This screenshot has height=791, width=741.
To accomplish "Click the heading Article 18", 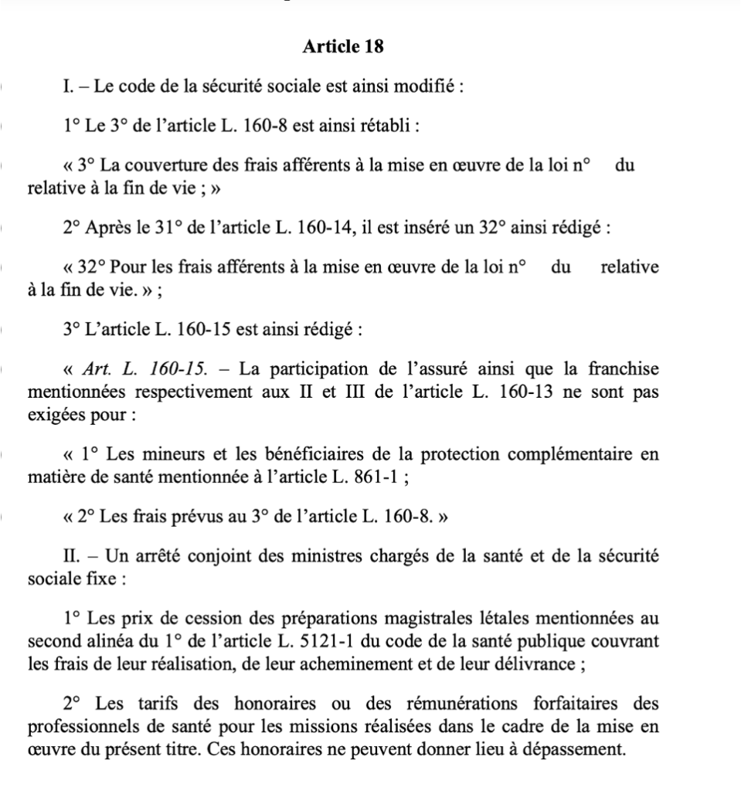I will pyautogui.click(x=343, y=47).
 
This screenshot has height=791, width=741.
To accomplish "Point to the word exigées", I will pyautogui.click(x=55, y=414).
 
